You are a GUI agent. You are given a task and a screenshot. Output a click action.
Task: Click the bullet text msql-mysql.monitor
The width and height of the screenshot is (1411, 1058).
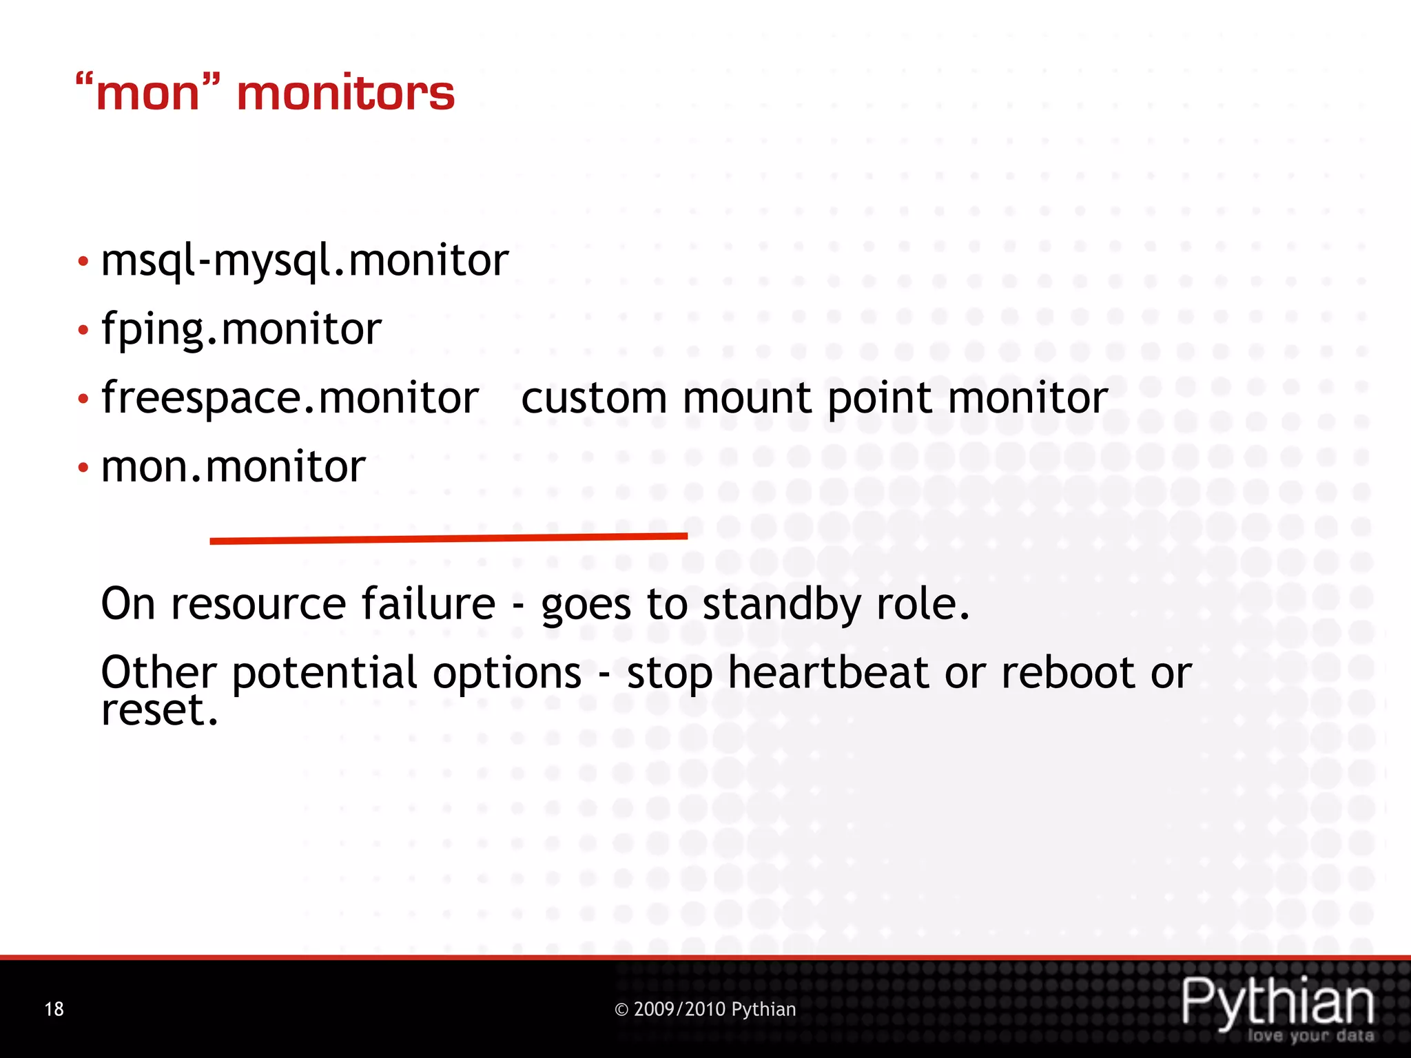coord(305,262)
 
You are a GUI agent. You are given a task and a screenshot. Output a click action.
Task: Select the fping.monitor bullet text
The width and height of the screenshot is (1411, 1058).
coord(241,329)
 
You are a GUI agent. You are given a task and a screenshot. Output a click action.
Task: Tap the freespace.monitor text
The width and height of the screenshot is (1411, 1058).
coord(289,398)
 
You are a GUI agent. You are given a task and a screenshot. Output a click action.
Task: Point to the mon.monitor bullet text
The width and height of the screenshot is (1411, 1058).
coord(233,467)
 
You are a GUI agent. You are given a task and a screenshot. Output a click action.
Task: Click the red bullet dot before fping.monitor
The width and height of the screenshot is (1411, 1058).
coord(83,331)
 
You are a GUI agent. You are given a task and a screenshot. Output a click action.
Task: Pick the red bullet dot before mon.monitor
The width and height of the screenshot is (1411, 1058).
coord(83,468)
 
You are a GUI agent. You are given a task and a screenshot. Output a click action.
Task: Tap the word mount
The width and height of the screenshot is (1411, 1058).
coord(748,398)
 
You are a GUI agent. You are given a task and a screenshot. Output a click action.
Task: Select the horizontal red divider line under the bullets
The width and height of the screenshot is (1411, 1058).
coord(448,538)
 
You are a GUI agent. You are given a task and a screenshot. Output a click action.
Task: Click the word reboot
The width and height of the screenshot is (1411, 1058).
coord(1068,673)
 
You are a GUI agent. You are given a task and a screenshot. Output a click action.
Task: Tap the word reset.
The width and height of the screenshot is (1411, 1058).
coord(159,711)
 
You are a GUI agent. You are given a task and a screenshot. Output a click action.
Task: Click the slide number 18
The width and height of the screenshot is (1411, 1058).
coord(54,1009)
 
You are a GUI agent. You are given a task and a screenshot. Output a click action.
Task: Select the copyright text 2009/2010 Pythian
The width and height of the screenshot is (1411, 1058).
coord(705,1009)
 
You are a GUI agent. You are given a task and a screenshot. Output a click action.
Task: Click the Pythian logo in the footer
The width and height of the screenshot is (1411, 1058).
coord(1278,1002)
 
